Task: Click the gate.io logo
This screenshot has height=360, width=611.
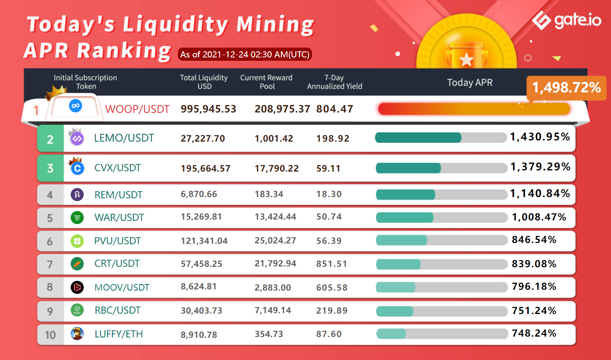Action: [x=566, y=20]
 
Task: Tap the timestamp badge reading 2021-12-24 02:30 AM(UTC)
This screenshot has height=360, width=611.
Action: [x=245, y=54]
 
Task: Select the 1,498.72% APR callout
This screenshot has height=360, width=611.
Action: [x=566, y=87]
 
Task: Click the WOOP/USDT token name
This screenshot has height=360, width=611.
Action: [x=137, y=109]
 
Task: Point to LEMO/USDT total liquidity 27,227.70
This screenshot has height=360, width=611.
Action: [x=203, y=139]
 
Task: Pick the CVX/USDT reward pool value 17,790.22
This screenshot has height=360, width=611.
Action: [x=277, y=168]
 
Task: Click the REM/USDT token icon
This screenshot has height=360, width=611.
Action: [x=77, y=195]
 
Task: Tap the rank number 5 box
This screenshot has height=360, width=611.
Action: [x=50, y=218]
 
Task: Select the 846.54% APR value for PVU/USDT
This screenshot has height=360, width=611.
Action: [x=534, y=240]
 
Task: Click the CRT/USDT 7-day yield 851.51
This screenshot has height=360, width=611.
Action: [x=331, y=264]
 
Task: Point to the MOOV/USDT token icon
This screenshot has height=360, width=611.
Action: [x=77, y=287]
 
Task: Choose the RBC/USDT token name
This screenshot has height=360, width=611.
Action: [x=117, y=310]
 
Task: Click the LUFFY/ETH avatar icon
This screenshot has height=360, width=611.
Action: [x=77, y=334]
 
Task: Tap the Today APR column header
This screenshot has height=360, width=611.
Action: [x=470, y=83]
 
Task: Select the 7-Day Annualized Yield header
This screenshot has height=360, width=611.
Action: [x=335, y=82]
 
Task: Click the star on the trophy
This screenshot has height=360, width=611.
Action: [x=466, y=60]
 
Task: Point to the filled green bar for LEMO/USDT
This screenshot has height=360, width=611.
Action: [x=418, y=138]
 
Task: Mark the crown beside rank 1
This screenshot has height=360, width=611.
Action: [x=56, y=92]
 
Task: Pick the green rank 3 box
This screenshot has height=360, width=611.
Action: [x=50, y=168]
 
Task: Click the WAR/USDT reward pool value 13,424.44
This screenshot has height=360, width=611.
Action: [x=275, y=217]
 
